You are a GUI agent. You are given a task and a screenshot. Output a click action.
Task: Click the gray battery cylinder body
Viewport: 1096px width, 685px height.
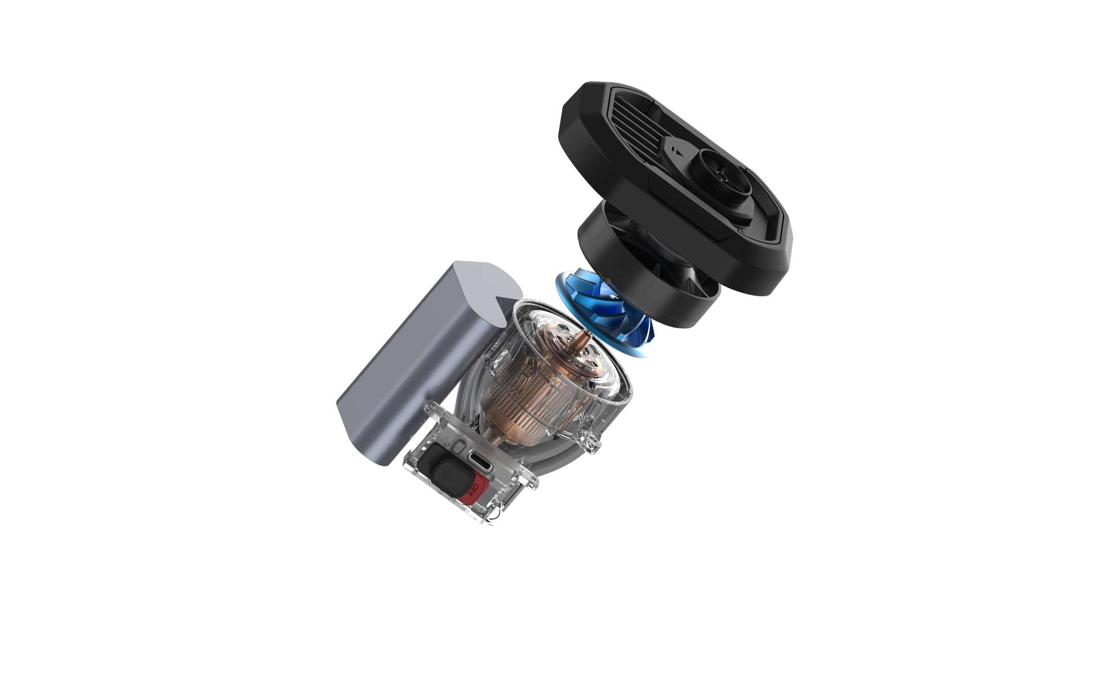[394, 366]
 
